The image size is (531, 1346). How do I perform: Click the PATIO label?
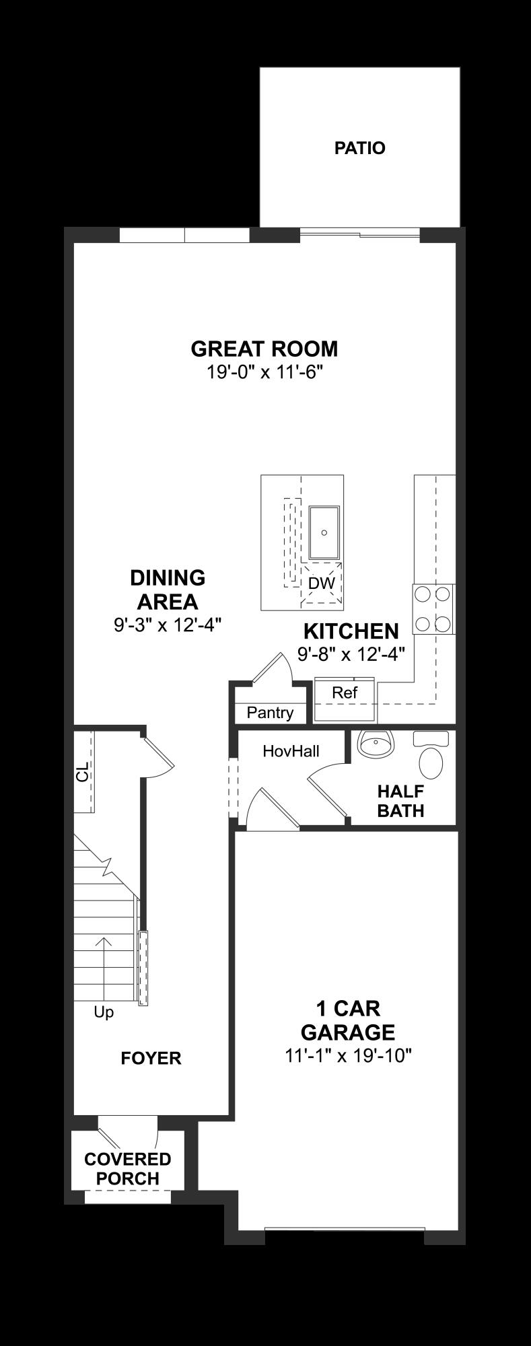359,148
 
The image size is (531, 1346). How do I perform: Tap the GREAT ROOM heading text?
264,349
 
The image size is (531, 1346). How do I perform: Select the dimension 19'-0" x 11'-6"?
264,371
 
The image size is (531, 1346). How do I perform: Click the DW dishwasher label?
321,583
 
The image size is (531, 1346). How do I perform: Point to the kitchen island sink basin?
324,532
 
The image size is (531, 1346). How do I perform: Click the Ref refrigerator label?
345,692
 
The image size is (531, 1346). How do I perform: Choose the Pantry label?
270,713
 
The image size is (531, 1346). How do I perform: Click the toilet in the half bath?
431,756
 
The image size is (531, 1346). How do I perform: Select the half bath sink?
375,745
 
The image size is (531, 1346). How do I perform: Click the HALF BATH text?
400,801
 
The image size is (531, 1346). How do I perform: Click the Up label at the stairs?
104,1012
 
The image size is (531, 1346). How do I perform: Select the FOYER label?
151,1059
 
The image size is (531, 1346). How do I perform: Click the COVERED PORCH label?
127,1169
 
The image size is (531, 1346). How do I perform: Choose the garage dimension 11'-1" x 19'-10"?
347,1056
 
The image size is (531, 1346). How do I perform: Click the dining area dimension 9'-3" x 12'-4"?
168,625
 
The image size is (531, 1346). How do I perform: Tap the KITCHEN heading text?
351,631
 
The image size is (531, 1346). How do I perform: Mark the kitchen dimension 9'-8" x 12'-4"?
351,653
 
